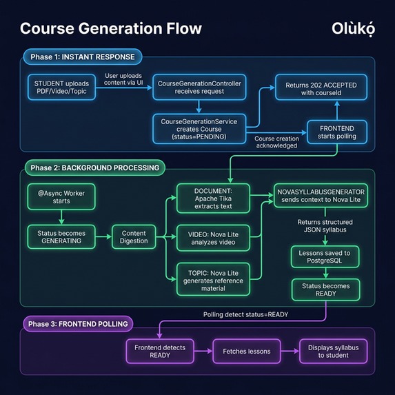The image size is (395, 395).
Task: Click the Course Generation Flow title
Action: coord(111,28)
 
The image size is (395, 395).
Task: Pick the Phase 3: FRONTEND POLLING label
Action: coord(77,323)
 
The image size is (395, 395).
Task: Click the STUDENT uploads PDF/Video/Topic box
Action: coord(62,87)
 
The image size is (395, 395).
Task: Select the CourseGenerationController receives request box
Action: coord(200,87)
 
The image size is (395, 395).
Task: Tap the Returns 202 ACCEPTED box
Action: coord(321,88)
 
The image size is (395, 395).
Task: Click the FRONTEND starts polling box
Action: coord(336,131)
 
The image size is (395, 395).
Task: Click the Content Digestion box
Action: coord(134,236)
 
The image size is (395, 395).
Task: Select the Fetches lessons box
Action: coord(246,352)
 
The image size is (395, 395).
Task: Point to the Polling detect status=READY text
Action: coord(245,314)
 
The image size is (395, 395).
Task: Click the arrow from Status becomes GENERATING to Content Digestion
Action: coord(103,236)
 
